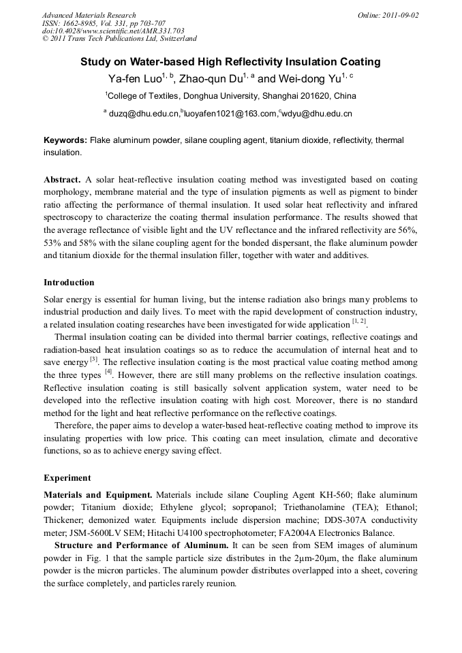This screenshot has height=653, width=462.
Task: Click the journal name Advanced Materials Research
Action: coord(89,15)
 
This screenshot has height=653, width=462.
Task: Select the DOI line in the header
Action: coord(113,31)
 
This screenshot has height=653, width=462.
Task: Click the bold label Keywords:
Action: coord(65,140)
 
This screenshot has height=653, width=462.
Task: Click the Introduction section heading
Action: coord(69,282)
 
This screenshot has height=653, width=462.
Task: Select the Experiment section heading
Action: coord(67,477)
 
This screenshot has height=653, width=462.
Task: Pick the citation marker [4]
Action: coord(108,372)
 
